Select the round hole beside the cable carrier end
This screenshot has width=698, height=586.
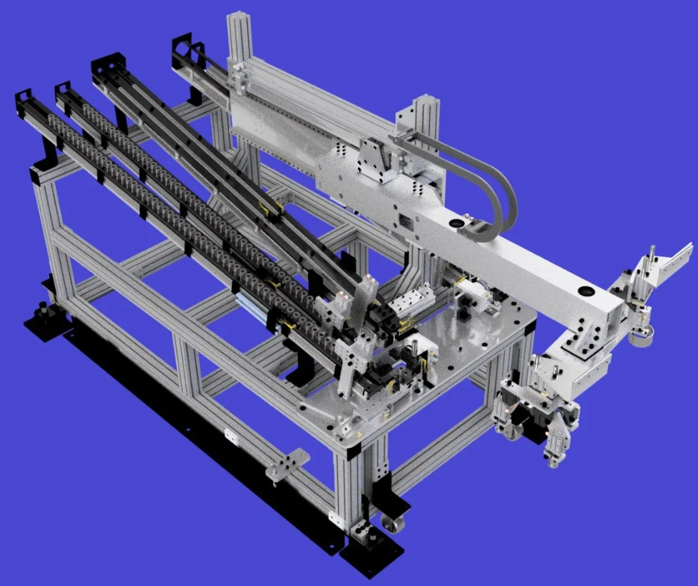point(457,225)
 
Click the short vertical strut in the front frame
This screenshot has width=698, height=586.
point(187,368)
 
